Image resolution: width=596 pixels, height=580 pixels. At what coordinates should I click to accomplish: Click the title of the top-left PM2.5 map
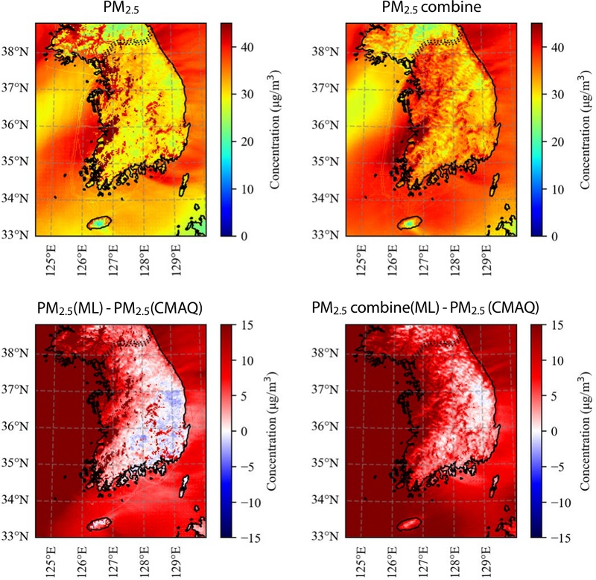[121, 8]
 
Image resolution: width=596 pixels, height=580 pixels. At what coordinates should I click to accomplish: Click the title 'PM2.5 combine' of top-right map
[431, 8]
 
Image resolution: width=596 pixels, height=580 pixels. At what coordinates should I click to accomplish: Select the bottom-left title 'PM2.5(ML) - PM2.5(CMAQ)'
[120, 309]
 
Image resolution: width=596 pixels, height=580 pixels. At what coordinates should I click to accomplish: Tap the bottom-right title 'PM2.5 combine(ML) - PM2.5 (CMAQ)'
[425, 308]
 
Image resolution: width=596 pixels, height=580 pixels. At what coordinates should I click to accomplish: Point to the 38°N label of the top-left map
[15, 51]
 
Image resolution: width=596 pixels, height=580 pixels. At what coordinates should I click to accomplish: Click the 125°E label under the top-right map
[361, 260]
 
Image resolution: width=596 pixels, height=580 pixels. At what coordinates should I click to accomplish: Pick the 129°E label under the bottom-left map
[175, 562]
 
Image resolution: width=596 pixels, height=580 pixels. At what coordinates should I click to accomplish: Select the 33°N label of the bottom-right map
[325, 536]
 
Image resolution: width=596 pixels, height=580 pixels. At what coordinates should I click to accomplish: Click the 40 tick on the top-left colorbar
[247, 48]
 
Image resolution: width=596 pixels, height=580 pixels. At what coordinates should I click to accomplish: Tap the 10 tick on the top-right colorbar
[557, 189]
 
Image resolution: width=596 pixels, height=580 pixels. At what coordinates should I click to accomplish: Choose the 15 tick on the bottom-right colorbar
[557, 326]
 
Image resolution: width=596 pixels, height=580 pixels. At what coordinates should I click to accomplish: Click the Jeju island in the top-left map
[99, 223]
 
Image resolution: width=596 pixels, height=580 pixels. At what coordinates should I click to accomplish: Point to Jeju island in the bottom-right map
[409, 524]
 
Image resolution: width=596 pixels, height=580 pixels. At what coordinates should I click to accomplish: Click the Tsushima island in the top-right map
[495, 185]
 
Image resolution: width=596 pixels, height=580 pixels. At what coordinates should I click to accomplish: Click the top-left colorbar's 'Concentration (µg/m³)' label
[274, 130]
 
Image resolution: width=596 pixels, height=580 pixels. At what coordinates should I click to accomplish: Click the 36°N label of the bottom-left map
[15, 426]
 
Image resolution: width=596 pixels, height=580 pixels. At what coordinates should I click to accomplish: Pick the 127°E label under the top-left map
[113, 260]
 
